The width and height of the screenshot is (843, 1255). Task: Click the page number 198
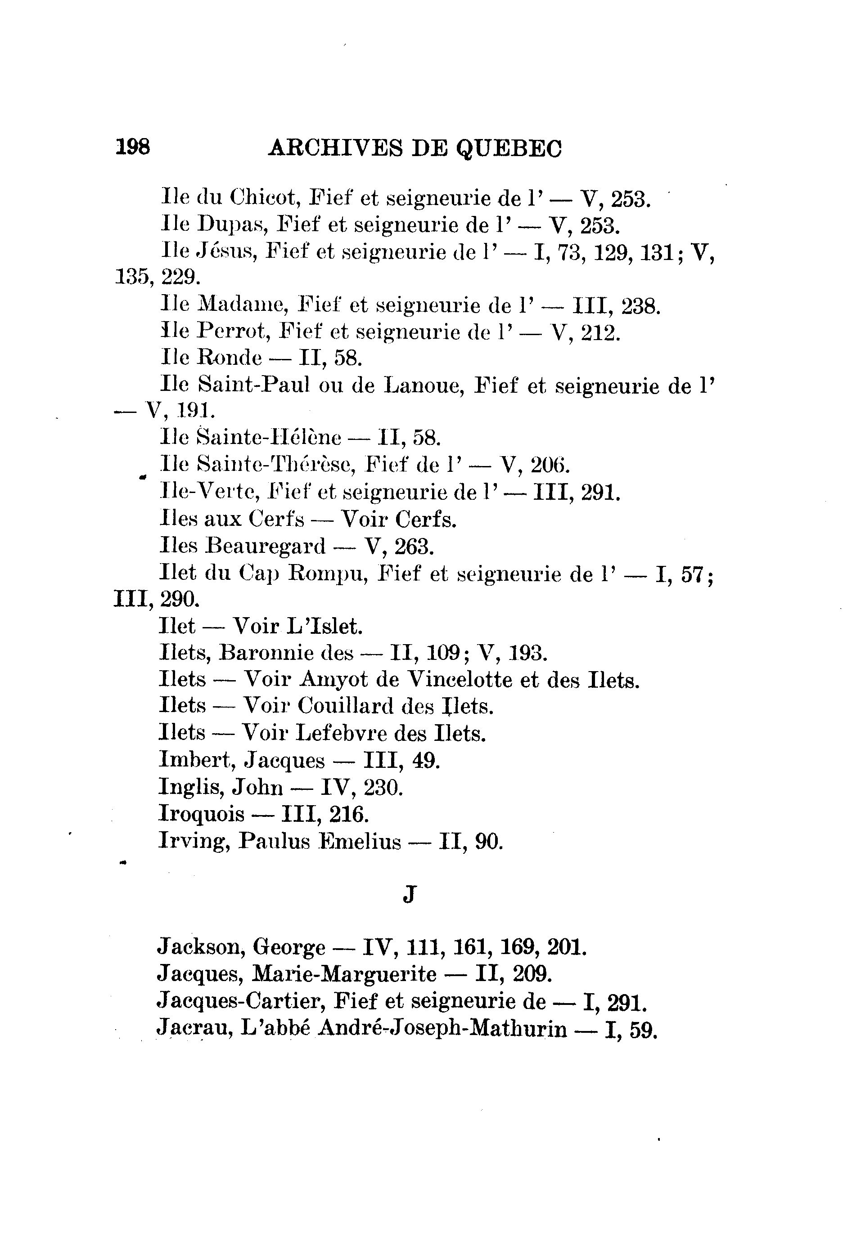click(x=133, y=147)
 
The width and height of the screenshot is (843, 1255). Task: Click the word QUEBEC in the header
click(x=509, y=148)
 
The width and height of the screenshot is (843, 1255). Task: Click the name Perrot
click(x=232, y=332)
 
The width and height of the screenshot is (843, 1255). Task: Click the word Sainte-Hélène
click(x=269, y=437)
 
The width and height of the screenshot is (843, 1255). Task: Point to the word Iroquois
click(x=202, y=814)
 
